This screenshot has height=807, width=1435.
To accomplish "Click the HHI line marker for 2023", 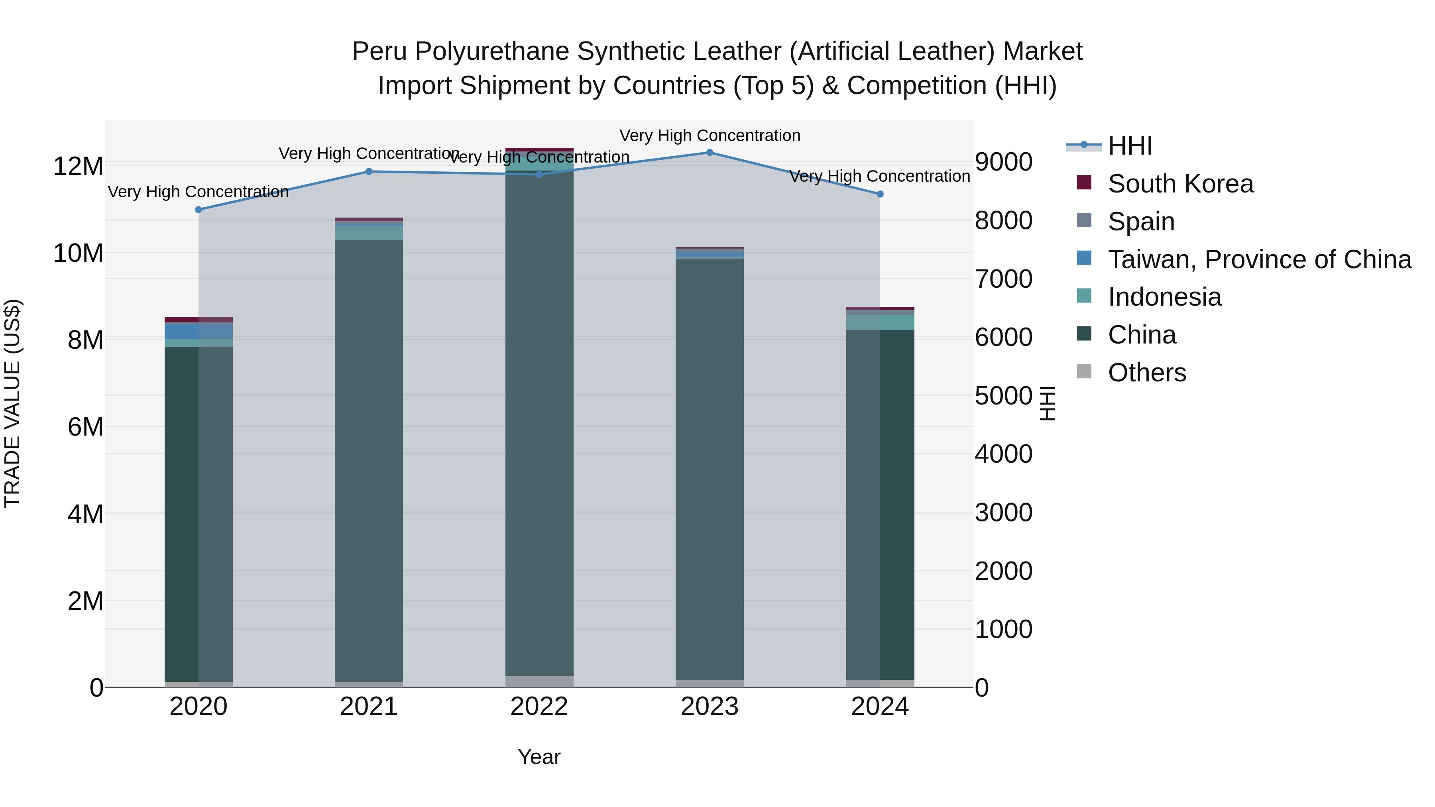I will tap(709, 152).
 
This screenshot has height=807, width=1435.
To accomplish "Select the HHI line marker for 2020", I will tap(199, 209).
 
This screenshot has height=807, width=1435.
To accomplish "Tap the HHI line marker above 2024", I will tap(880, 194).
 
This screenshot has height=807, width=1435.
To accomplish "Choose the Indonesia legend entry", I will tap(1164, 297).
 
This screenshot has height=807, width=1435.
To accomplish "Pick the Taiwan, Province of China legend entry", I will tap(1259, 259).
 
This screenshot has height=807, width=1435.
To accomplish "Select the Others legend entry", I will tap(1146, 373).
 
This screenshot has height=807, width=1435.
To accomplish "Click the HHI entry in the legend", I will tap(1130, 146).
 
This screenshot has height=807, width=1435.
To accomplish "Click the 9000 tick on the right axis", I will tap(1003, 162).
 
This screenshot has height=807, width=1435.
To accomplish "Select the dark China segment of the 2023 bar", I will tap(709, 468).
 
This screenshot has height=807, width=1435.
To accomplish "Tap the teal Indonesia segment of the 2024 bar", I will tap(880, 322).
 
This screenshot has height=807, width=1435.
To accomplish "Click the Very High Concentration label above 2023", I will tap(709, 135).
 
